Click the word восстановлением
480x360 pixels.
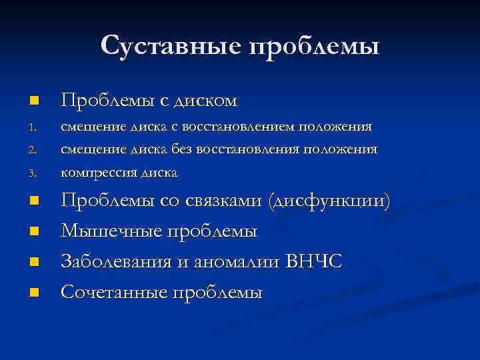tap(247, 126)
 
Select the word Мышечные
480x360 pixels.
tap(107, 231)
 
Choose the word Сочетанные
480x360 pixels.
tap(113, 292)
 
